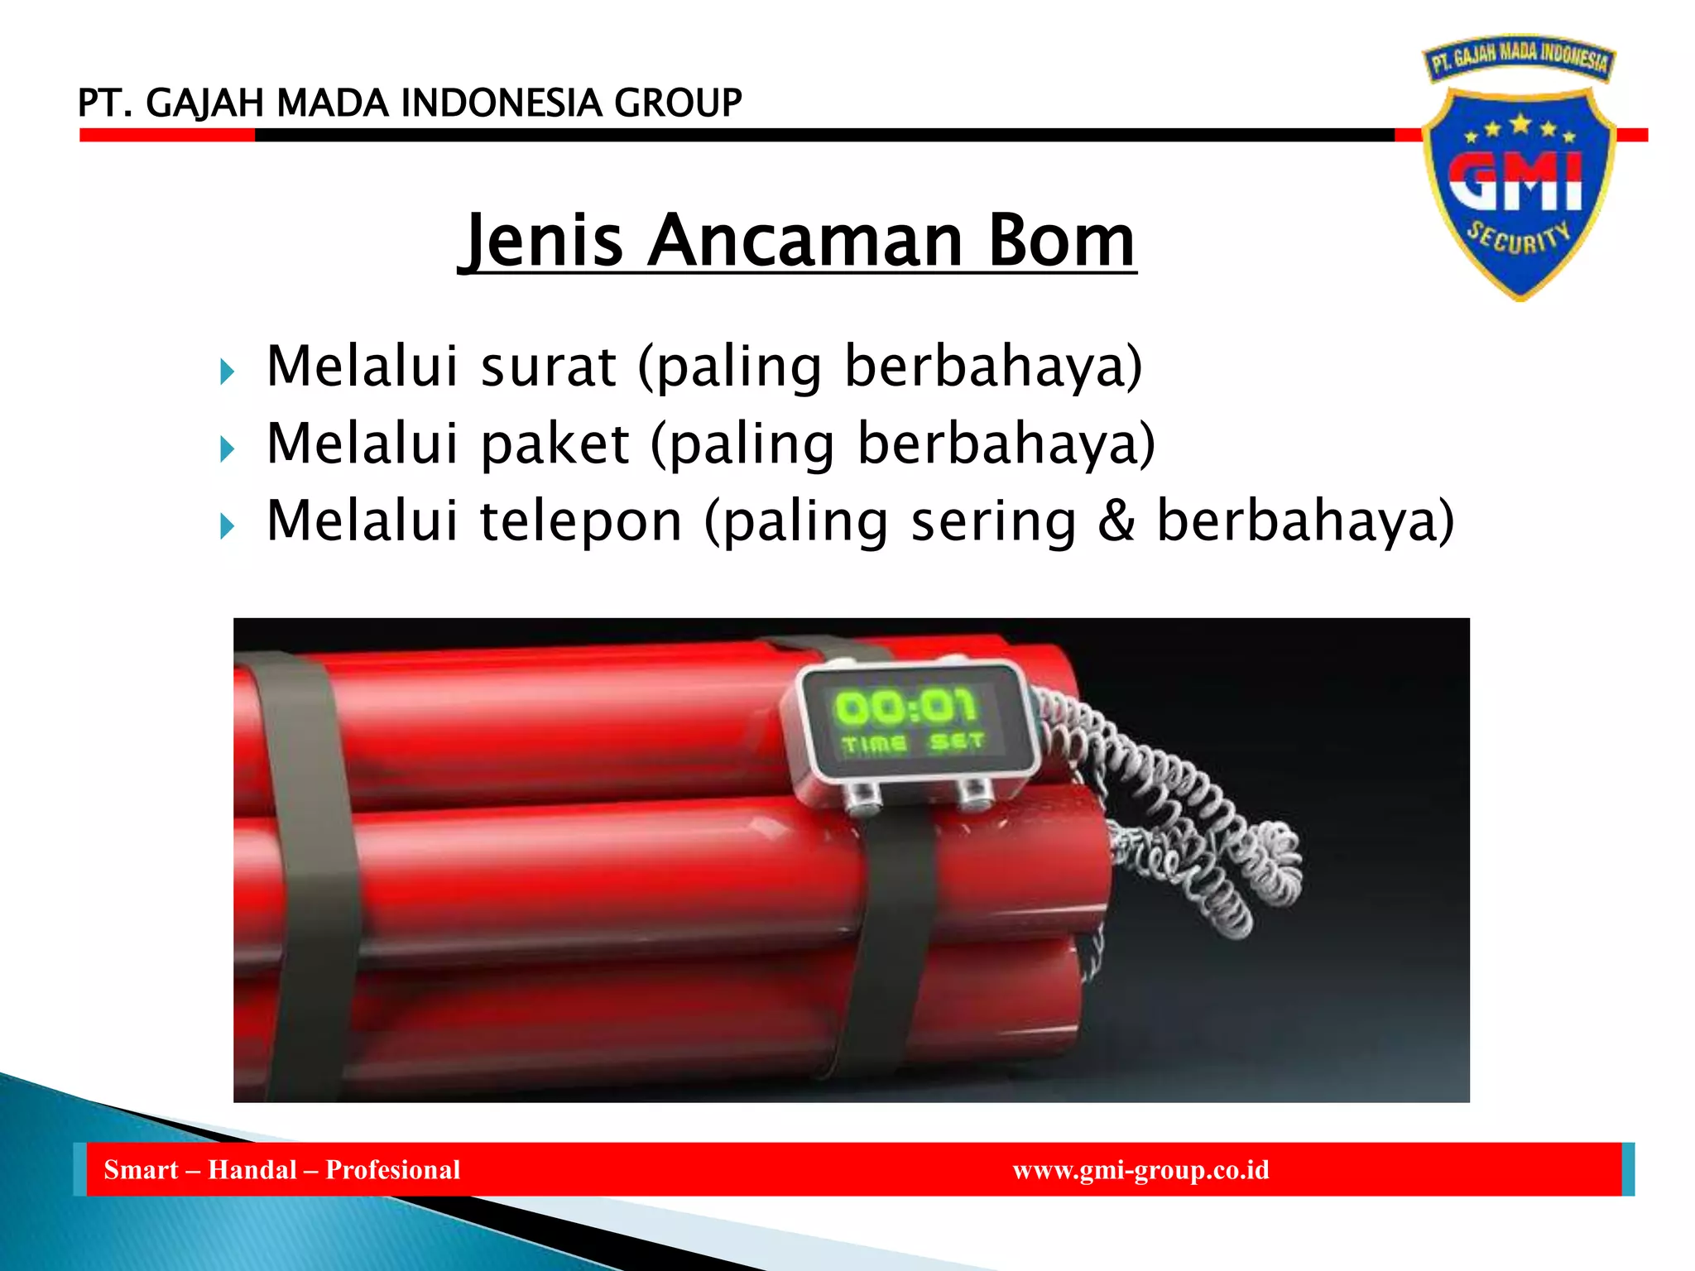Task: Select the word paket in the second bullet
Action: click(555, 444)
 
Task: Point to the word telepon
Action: click(582, 521)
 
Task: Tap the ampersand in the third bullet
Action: click(1116, 521)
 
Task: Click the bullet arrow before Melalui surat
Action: click(228, 372)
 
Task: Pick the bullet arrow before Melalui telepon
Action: click(228, 526)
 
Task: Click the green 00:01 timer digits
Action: click(905, 707)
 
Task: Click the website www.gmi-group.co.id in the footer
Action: click(1140, 1170)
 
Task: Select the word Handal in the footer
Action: click(252, 1170)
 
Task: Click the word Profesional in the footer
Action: click(393, 1170)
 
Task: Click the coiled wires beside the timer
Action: click(1192, 819)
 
